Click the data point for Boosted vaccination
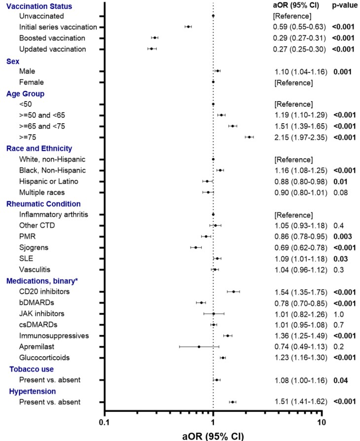[x=155, y=37]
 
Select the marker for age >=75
[x=249, y=137]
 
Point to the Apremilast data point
[x=199, y=346]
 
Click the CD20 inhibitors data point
[x=233, y=291]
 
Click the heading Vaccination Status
[x=39, y=6]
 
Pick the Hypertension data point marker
[x=232, y=402]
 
